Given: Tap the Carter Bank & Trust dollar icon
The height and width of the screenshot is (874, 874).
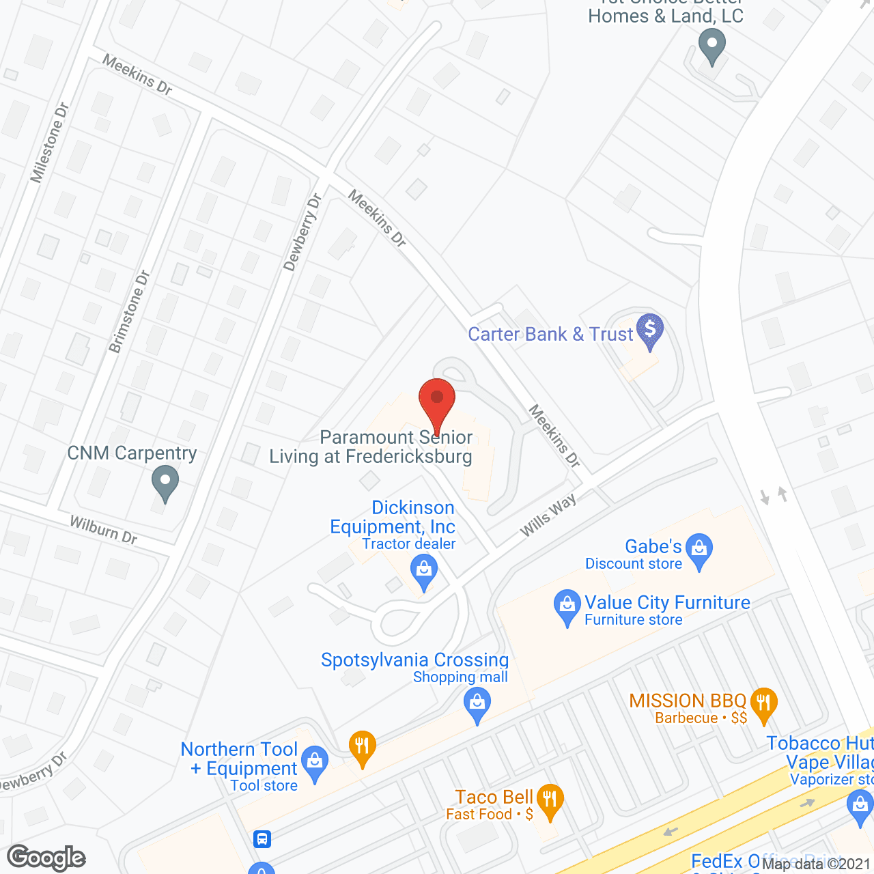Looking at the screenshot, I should [x=649, y=330].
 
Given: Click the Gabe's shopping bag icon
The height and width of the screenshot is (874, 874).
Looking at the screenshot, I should [x=699, y=550].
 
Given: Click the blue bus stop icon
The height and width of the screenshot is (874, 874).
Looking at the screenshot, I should [x=262, y=838].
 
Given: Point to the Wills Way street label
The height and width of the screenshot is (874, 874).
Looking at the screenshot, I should [x=548, y=515].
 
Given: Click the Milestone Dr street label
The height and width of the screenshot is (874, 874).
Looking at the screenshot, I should [x=50, y=143].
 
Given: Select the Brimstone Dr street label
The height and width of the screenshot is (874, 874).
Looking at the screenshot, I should [x=129, y=312].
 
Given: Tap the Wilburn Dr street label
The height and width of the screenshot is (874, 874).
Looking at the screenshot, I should [x=104, y=530].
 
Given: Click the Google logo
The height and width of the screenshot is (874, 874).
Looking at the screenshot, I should [x=46, y=858].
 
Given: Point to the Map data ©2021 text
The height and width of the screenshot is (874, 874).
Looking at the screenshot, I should [x=817, y=864].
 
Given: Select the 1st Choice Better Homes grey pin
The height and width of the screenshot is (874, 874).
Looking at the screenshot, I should [x=711, y=48].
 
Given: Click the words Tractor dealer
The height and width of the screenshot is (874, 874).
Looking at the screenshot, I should [x=408, y=544].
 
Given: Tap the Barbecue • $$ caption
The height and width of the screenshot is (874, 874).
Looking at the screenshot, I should [x=701, y=718].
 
